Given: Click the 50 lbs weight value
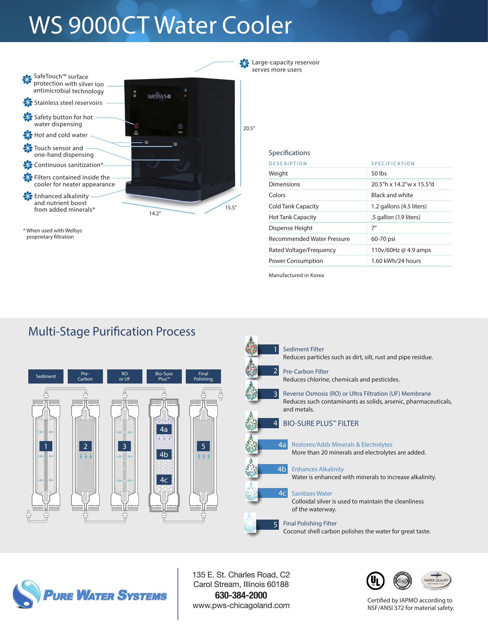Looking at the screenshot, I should pos(379,174).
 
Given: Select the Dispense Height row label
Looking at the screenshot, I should pos(290,228).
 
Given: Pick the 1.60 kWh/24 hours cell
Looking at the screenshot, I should pos(396,261).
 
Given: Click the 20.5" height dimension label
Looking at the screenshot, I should pos(249,129).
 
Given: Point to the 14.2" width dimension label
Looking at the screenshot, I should pos(155,214).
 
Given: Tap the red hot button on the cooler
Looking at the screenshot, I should pos(136,126).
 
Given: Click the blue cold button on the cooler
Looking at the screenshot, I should pos(181,126).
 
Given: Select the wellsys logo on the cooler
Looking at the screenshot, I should pos(159,97).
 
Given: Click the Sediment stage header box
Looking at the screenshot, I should pos(46,376).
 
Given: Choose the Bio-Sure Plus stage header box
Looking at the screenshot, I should pos(164,376).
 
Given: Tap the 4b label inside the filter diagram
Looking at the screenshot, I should pos(164,455).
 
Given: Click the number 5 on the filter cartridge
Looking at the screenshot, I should pos(203,446).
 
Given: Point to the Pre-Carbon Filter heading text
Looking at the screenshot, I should pos(306,372).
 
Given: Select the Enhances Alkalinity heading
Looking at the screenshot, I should pos(318,469).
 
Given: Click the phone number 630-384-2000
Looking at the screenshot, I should pos(241,595).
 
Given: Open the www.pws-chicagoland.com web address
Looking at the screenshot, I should pos(241,605).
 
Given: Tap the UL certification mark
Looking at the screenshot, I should pos(375,581).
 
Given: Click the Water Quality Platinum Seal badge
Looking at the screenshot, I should pos(436,581).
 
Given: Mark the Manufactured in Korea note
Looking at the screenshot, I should pos(296,275).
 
